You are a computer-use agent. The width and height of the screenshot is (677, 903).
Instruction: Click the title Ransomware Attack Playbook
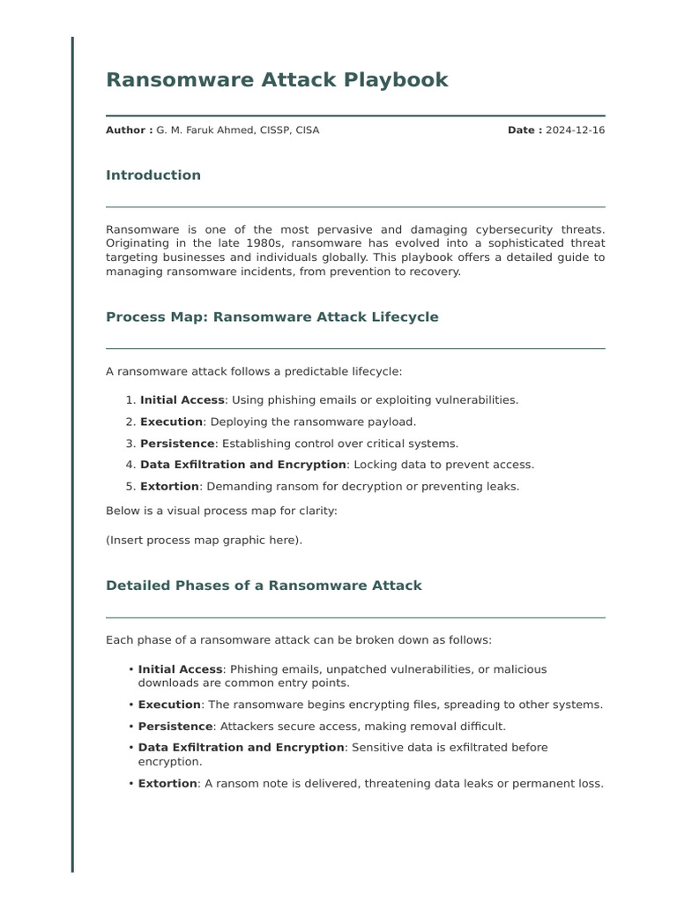click(x=277, y=80)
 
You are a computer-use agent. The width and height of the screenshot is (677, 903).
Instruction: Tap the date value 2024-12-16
click(x=575, y=131)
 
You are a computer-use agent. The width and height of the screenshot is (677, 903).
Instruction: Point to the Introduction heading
click(x=153, y=175)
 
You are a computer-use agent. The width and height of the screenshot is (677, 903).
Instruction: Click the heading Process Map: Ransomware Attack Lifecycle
click(x=272, y=317)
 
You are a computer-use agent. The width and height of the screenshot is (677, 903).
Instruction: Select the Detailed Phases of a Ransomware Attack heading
click(x=264, y=586)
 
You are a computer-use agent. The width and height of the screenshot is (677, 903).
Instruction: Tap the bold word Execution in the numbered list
click(x=171, y=422)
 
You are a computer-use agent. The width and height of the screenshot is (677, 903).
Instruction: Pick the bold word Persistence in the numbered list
click(x=177, y=444)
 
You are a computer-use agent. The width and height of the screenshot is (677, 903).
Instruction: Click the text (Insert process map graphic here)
click(x=204, y=541)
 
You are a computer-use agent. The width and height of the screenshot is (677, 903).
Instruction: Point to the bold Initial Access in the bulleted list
click(x=180, y=670)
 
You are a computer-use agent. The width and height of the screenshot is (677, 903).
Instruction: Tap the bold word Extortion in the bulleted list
click(x=167, y=784)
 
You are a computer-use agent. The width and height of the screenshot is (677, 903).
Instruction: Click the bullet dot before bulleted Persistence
click(x=130, y=727)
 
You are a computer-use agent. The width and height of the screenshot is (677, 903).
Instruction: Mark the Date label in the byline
click(x=524, y=131)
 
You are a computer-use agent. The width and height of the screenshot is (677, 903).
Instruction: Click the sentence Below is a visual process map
click(x=221, y=511)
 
